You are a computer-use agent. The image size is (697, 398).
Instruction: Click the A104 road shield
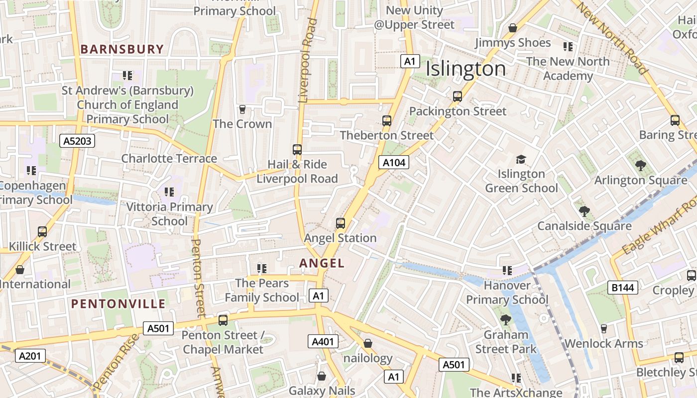pos(394,162)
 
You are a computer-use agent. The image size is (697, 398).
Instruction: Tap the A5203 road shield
pos(77,141)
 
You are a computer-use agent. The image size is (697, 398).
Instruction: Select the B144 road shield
pos(623,287)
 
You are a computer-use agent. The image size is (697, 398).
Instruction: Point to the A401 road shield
pos(323,341)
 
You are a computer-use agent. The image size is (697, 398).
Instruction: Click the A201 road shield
pos(30,356)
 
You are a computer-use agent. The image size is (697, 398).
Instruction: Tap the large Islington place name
pos(465,69)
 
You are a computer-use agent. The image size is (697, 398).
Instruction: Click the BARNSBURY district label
pos(122,49)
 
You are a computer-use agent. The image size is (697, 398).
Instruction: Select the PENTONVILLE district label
pos(118,303)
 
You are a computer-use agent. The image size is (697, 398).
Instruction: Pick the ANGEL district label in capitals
pos(322,263)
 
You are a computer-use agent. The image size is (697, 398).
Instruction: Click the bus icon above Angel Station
pos(341,223)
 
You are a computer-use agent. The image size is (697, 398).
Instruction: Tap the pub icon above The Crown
pos(242,109)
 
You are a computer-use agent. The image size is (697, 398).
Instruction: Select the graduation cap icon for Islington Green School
pos(521,159)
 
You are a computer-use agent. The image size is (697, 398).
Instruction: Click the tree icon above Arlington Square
pos(640,166)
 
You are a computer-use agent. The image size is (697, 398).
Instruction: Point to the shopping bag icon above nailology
pos(368,343)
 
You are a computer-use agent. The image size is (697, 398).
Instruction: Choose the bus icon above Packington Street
pos(458,97)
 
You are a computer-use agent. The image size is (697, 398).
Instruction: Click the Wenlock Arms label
pos(603,343)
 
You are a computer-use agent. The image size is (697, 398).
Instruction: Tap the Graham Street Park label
pos(506,342)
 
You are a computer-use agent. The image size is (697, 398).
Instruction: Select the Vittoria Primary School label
pos(169,213)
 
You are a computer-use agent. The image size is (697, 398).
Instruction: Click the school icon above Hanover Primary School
pos(507,271)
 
